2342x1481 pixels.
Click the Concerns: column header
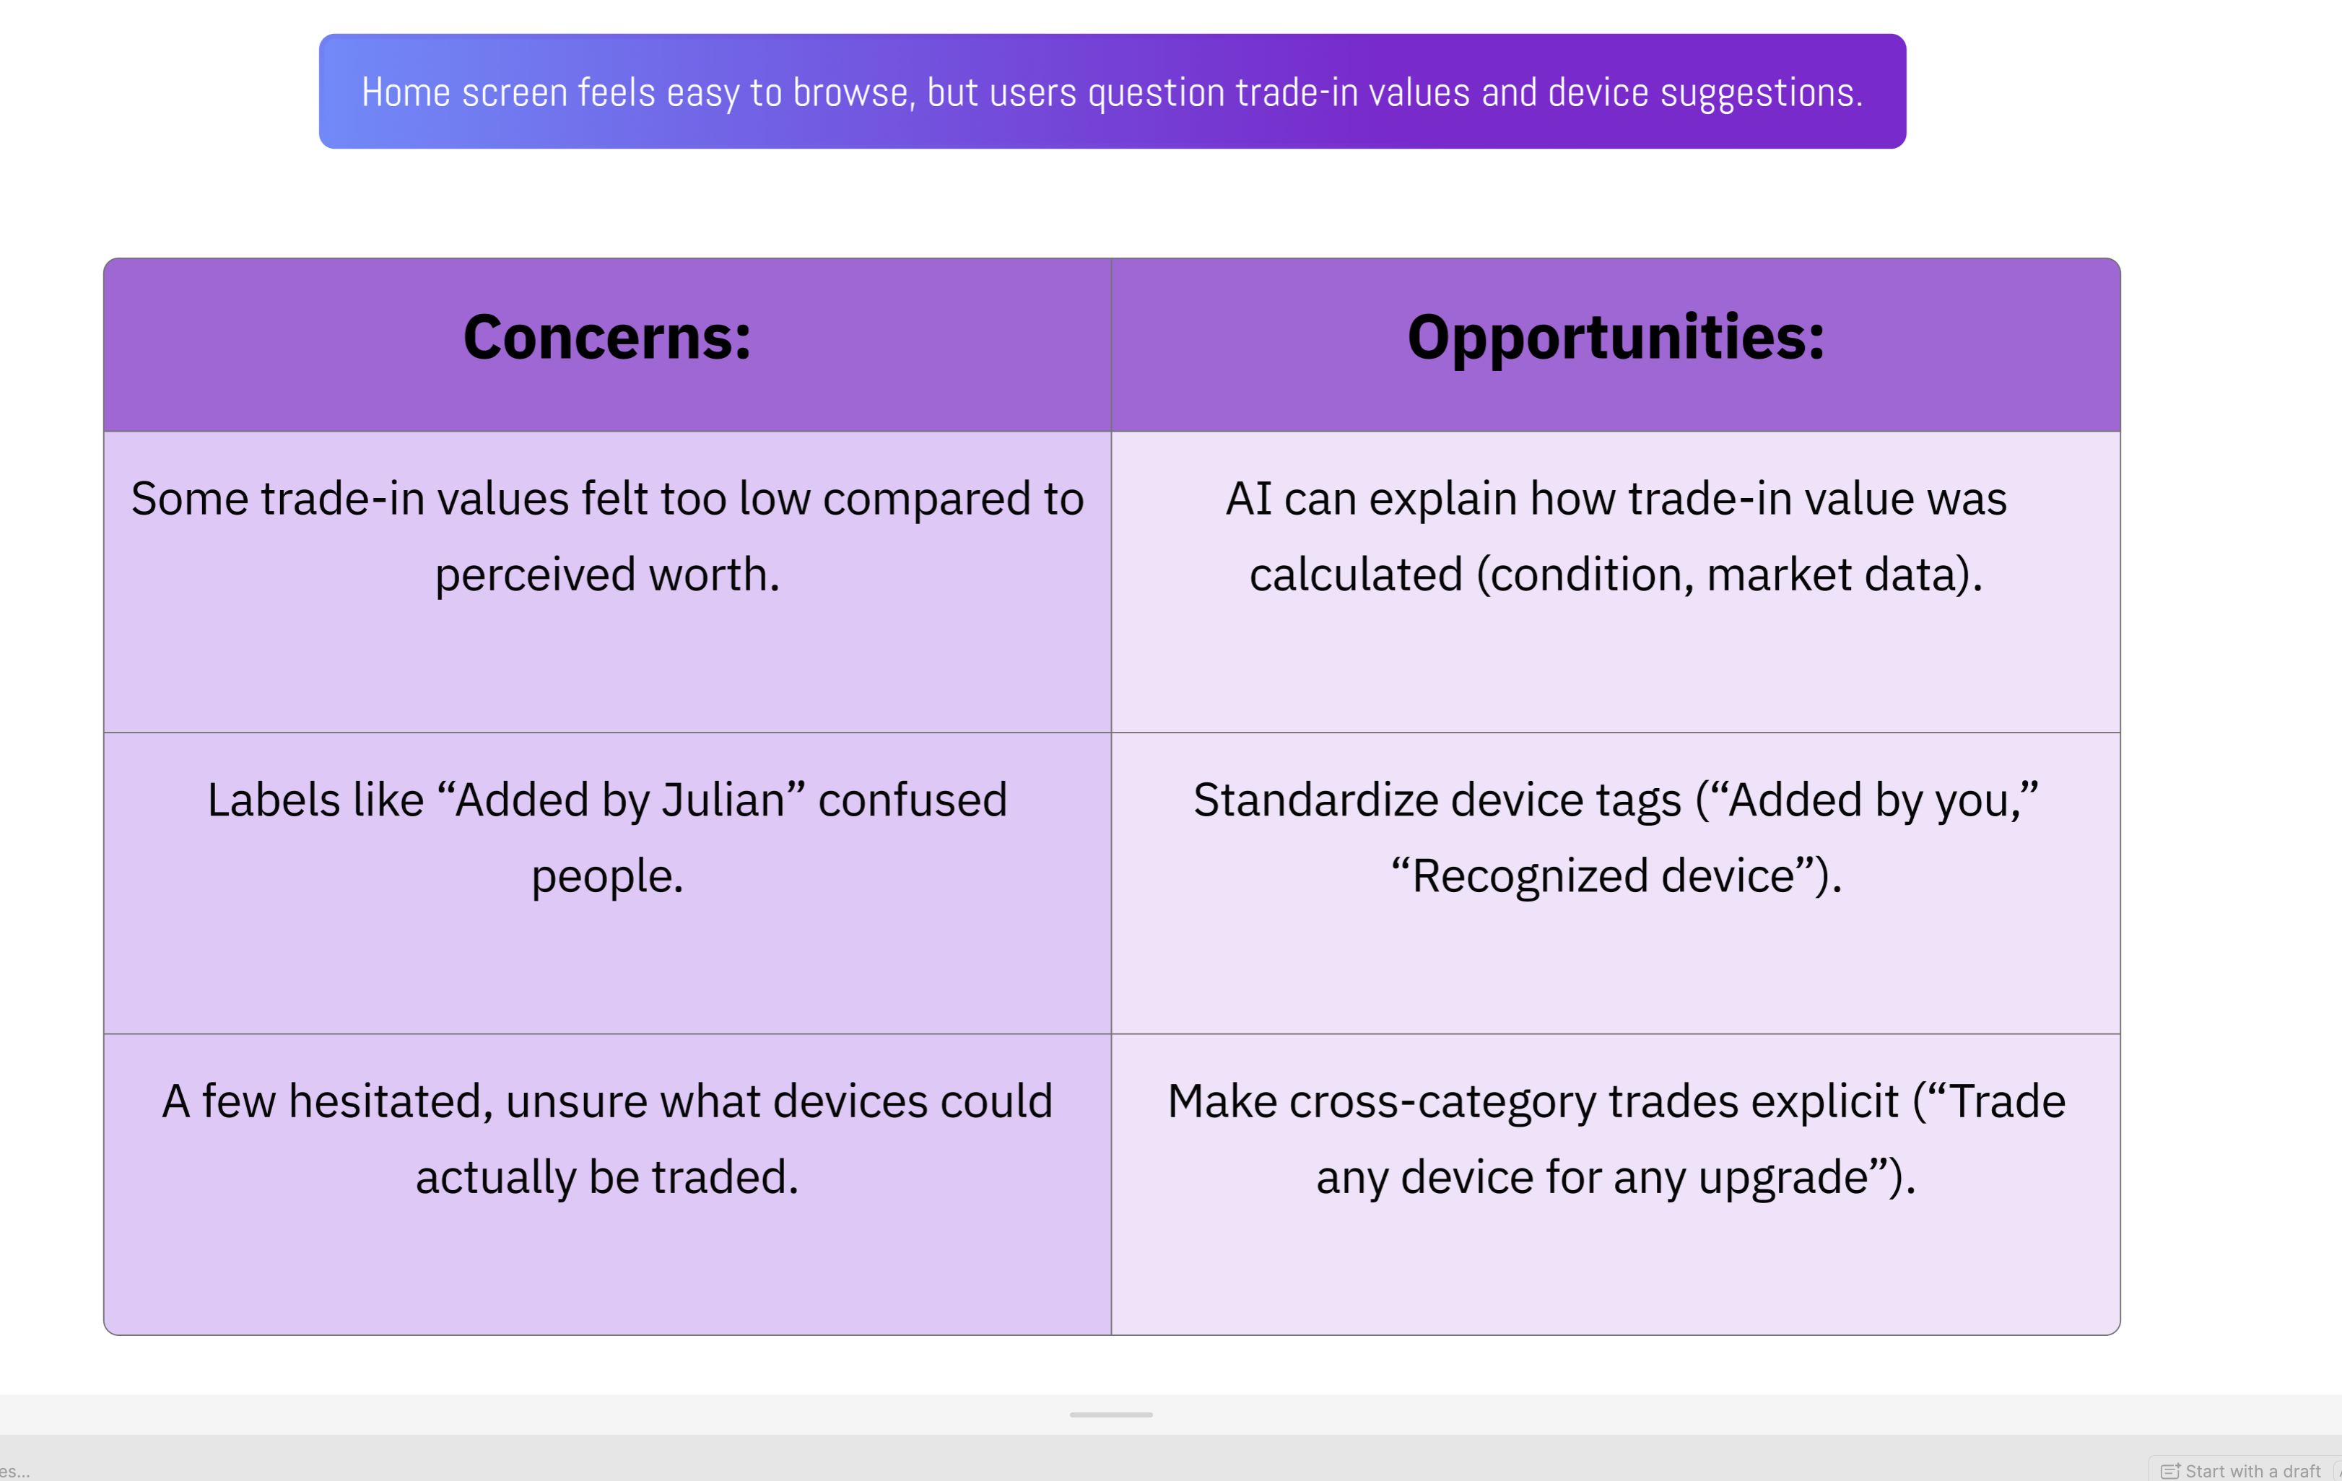point(607,338)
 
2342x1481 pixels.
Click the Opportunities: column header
point(1616,339)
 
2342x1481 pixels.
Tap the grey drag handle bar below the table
point(1110,1415)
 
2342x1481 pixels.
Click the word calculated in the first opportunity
point(1357,575)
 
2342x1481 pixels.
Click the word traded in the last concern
point(725,1178)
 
